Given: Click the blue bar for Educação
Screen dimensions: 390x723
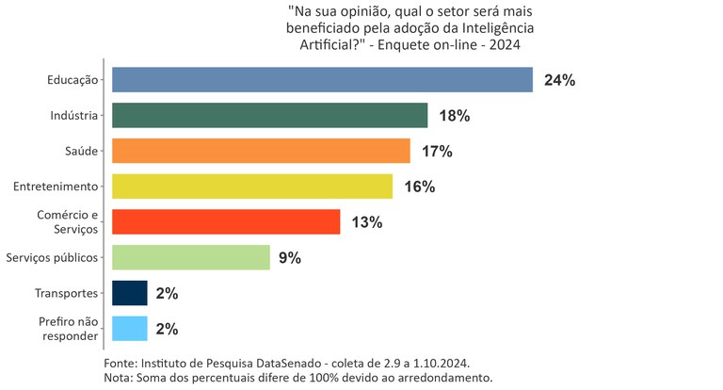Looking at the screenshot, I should pos(322,80).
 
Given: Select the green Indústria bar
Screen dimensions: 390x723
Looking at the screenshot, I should pos(270,116).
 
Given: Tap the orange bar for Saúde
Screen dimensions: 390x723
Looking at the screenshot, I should pos(261,151).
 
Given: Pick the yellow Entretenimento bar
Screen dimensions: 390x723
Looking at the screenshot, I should pos(252,187).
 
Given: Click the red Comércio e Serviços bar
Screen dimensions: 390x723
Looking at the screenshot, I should pos(226,222).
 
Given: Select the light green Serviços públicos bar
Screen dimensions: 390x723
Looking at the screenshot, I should pos(190,257).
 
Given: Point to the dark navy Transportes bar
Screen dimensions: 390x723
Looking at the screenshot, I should pos(130,293).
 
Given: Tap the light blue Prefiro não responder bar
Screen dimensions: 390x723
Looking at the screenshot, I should pos(130,329).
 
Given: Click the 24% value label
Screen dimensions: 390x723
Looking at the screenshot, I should pos(559,81).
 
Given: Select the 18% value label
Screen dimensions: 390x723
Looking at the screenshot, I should pos(454,116).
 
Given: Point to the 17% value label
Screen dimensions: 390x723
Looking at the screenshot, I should pos(437,152).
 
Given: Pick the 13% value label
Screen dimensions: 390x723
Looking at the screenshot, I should pos(366,222).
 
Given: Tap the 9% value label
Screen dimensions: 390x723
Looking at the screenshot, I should pos(289,258).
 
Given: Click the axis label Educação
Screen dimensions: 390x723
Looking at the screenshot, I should pos(72,80).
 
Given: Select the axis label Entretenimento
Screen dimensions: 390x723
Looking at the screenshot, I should pos(56,187).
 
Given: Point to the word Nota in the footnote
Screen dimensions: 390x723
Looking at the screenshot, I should pos(118,378).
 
